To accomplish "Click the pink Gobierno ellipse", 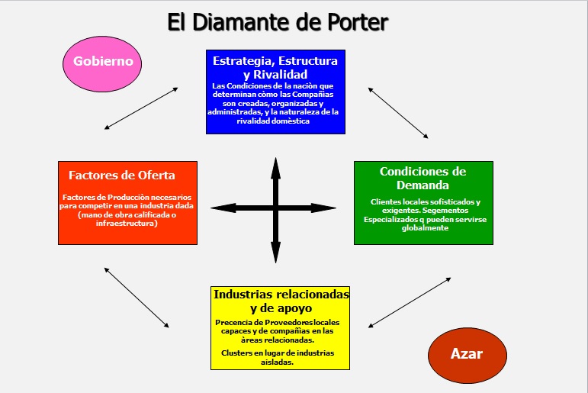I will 103,62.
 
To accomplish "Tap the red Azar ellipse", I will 466,355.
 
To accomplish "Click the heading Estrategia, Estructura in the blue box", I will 275,61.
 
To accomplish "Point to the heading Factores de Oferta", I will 122,176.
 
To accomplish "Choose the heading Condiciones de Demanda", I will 423,178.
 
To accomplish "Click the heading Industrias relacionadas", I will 281,294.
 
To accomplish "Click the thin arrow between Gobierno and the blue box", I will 141,108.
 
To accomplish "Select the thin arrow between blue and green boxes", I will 398,113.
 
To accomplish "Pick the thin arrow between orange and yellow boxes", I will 137,298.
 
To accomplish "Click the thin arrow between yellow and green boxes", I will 410,302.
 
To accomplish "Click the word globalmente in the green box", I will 425,229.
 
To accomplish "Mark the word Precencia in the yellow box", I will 236,323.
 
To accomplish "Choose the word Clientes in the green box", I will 388,201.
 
